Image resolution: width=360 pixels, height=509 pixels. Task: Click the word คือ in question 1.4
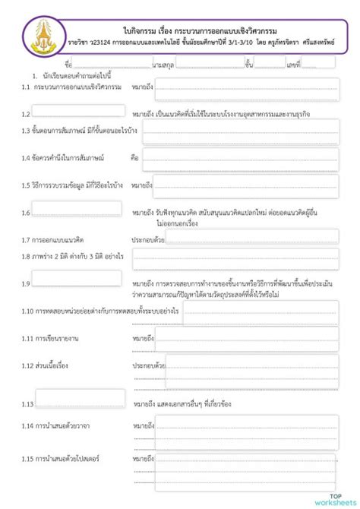(134, 159)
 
